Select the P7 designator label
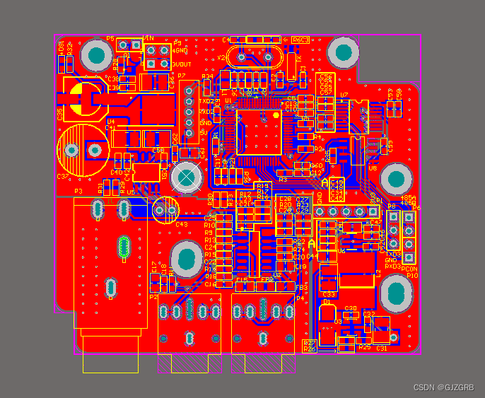click(x=182, y=76)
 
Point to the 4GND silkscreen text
click(x=180, y=51)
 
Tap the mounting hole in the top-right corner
click(x=343, y=52)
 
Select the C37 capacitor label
click(x=62, y=177)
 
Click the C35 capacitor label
click(x=60, y=113)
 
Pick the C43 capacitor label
click(x=182, y=225)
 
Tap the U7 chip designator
click(x=344, y=95)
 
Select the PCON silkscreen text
click(x=410, y=268)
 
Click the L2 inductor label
click(x=378, y=273)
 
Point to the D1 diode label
click(x=326, y=302)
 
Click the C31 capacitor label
click(x=381, y=348)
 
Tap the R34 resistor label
click(x=207, y=76)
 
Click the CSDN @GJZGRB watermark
click(x=443, y=387)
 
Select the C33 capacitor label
click(x=329, y=294)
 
